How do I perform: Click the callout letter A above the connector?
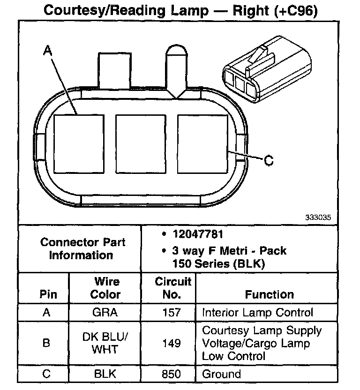(x=47, y=51)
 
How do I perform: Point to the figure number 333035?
(x=318, y=217)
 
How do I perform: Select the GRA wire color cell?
(x=105, y=312)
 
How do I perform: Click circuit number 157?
(x=171, y=312)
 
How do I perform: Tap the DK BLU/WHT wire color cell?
(x=105, y=343)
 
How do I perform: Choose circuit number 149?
(x=171, y=343)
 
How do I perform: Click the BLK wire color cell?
(x=105, y=374)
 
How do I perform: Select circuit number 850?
(x=171, y=374)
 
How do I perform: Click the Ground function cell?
(x=221, y=374)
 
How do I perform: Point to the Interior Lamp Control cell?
(x=257, y=312)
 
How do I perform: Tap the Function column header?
(x=269, y=294)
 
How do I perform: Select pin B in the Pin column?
(x=46, y=343)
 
